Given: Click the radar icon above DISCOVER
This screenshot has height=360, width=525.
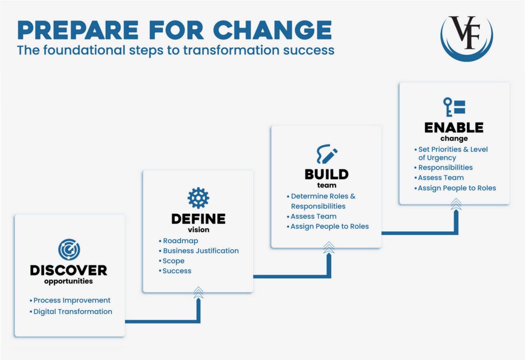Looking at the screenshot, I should (x=69, y=250).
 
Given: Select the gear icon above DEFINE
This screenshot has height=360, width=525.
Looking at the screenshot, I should (x=198, y=198).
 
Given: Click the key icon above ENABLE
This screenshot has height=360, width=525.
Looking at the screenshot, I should (x=454, y=107).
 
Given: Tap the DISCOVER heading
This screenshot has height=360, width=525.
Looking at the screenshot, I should (x=69, y=270).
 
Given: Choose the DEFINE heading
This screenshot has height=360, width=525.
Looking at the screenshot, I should (x=198, y=219).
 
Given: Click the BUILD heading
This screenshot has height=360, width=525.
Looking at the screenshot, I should (x=327, y=174).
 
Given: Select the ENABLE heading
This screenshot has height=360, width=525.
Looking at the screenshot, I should (x=454, y=128).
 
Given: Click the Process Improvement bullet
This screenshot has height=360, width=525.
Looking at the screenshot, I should (x=72, y=301).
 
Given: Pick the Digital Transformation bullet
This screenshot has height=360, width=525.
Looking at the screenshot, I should (x=72, y=311).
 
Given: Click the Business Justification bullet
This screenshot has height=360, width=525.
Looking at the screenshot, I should (x=200, y=251).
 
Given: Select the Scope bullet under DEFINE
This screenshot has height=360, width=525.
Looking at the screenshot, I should (x=173, y=261).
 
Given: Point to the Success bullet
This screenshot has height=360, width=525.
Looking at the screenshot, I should (x=176, y=271).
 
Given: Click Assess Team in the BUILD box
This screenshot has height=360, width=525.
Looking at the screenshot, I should (x=313, y=216).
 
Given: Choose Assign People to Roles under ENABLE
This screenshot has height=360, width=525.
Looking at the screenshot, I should (x=457, y=188).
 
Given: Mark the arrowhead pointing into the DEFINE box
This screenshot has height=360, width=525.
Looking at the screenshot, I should (x=198, y=293).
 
